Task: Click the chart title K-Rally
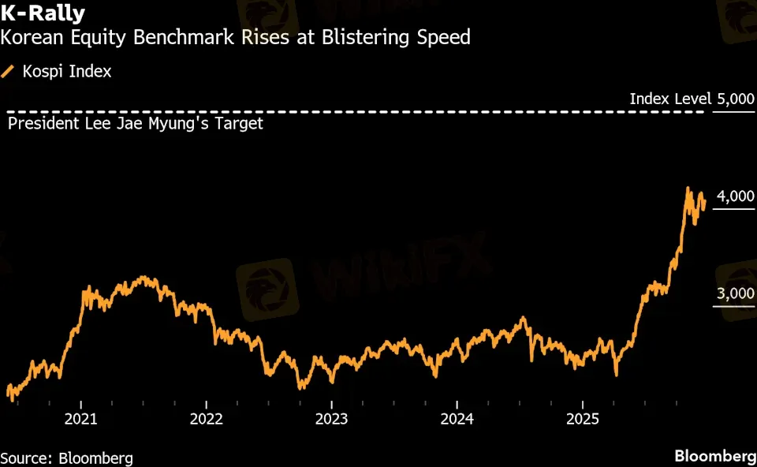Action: [43, 13]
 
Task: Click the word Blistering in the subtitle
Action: [362, 37]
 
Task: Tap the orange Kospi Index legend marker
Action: [9, 72]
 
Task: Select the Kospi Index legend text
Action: [67, 72]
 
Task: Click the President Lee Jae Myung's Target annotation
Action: [135, 124]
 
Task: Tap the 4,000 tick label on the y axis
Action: [735, 196]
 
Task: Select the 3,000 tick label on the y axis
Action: [735, 294]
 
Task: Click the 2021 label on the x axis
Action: [81, 419]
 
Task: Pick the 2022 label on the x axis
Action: [207, 419]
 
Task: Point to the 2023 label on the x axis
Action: [332, 419]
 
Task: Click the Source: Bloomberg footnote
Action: [66, 458]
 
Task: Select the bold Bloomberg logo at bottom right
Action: [714, 457]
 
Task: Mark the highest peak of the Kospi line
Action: [688, 189]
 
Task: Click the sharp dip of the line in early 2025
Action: [616, 374]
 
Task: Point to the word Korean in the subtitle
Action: [29, 37]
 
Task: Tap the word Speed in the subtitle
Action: [445, 37]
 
